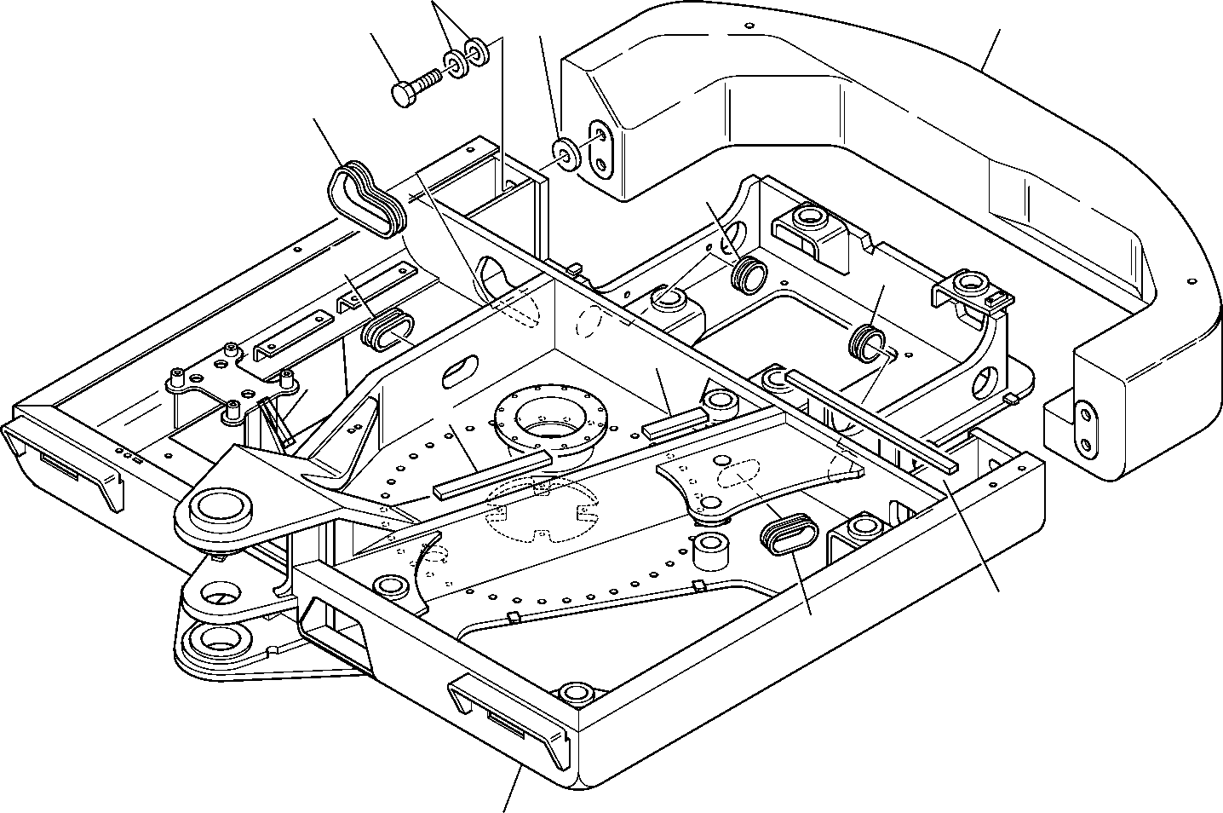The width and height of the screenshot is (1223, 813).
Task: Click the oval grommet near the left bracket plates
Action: (388, 331)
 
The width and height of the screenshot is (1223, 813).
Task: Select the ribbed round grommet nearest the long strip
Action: (867, 341)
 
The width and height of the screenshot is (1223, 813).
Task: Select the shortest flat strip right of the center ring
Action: (675, 423)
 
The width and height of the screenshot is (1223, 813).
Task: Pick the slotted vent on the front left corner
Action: (60, 470)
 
